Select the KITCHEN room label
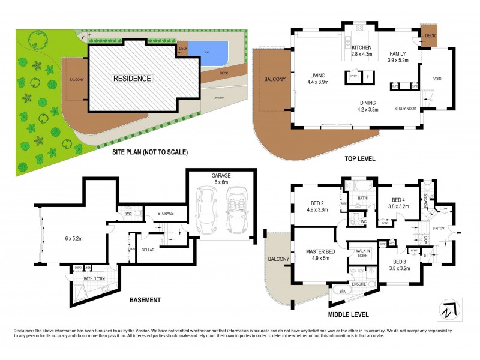[x=362, y=47]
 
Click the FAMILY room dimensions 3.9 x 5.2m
[x=397, y=60]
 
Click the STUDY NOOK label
[x=405, y=109]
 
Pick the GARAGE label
[x=220, y=176]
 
